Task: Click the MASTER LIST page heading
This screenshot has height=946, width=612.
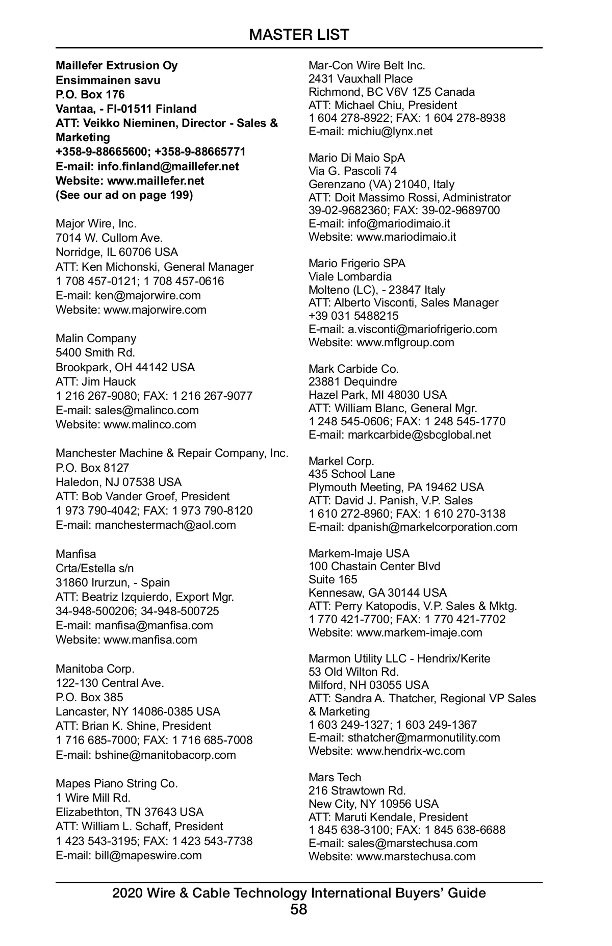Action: click(299, 35)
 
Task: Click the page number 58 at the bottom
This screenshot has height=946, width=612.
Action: click(299, 909)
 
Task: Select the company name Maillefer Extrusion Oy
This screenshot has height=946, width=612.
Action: click(116, 66)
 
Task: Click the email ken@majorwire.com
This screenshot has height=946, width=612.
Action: click(147, 295)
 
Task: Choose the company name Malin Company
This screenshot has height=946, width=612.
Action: click(96, 338)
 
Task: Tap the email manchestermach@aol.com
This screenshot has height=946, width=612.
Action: click(165, 525)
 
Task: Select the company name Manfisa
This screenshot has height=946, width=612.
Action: click(75, 554)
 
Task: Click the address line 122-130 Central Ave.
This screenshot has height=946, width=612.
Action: click(110, 683)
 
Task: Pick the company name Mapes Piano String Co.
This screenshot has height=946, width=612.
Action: click(116, 783)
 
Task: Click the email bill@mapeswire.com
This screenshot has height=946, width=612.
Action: click(148, 855)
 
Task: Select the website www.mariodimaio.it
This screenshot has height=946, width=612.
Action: click(406, 237)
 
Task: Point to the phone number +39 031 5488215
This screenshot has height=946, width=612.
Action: click(353, 316)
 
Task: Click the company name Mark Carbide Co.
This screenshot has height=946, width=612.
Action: click(353, 369)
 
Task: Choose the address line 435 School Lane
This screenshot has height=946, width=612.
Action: click(351, 474)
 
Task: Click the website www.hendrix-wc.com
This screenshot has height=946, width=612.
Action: click(411, 751)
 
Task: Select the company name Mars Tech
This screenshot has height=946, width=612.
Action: click(335, 777)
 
